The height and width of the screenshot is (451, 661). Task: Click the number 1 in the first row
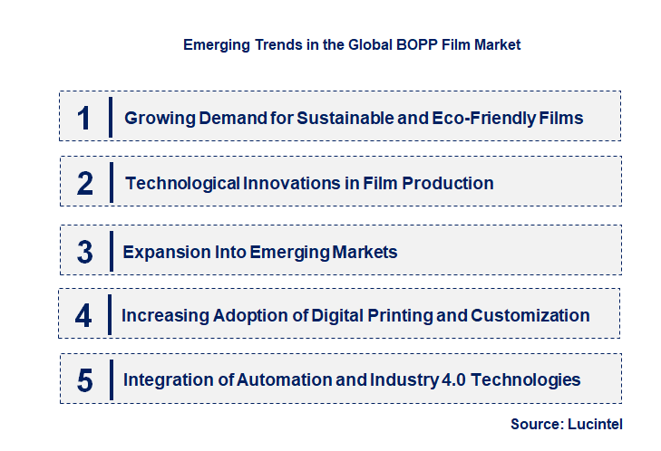click(x=83, y=118)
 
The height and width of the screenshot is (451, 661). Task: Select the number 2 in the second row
click(x=85, y=184)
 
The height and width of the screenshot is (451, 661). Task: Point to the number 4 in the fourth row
click(x=83, y=316)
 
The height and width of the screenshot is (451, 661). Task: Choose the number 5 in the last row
click(x=84, y=380)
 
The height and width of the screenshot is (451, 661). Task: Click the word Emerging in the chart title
click(x=215, y=44)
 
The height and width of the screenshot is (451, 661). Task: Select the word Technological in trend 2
click(x=182, y=184)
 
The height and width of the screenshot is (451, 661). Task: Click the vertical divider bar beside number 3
click(x=111, y=250)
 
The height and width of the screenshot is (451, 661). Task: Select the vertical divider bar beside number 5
click(x=111, y=379)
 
